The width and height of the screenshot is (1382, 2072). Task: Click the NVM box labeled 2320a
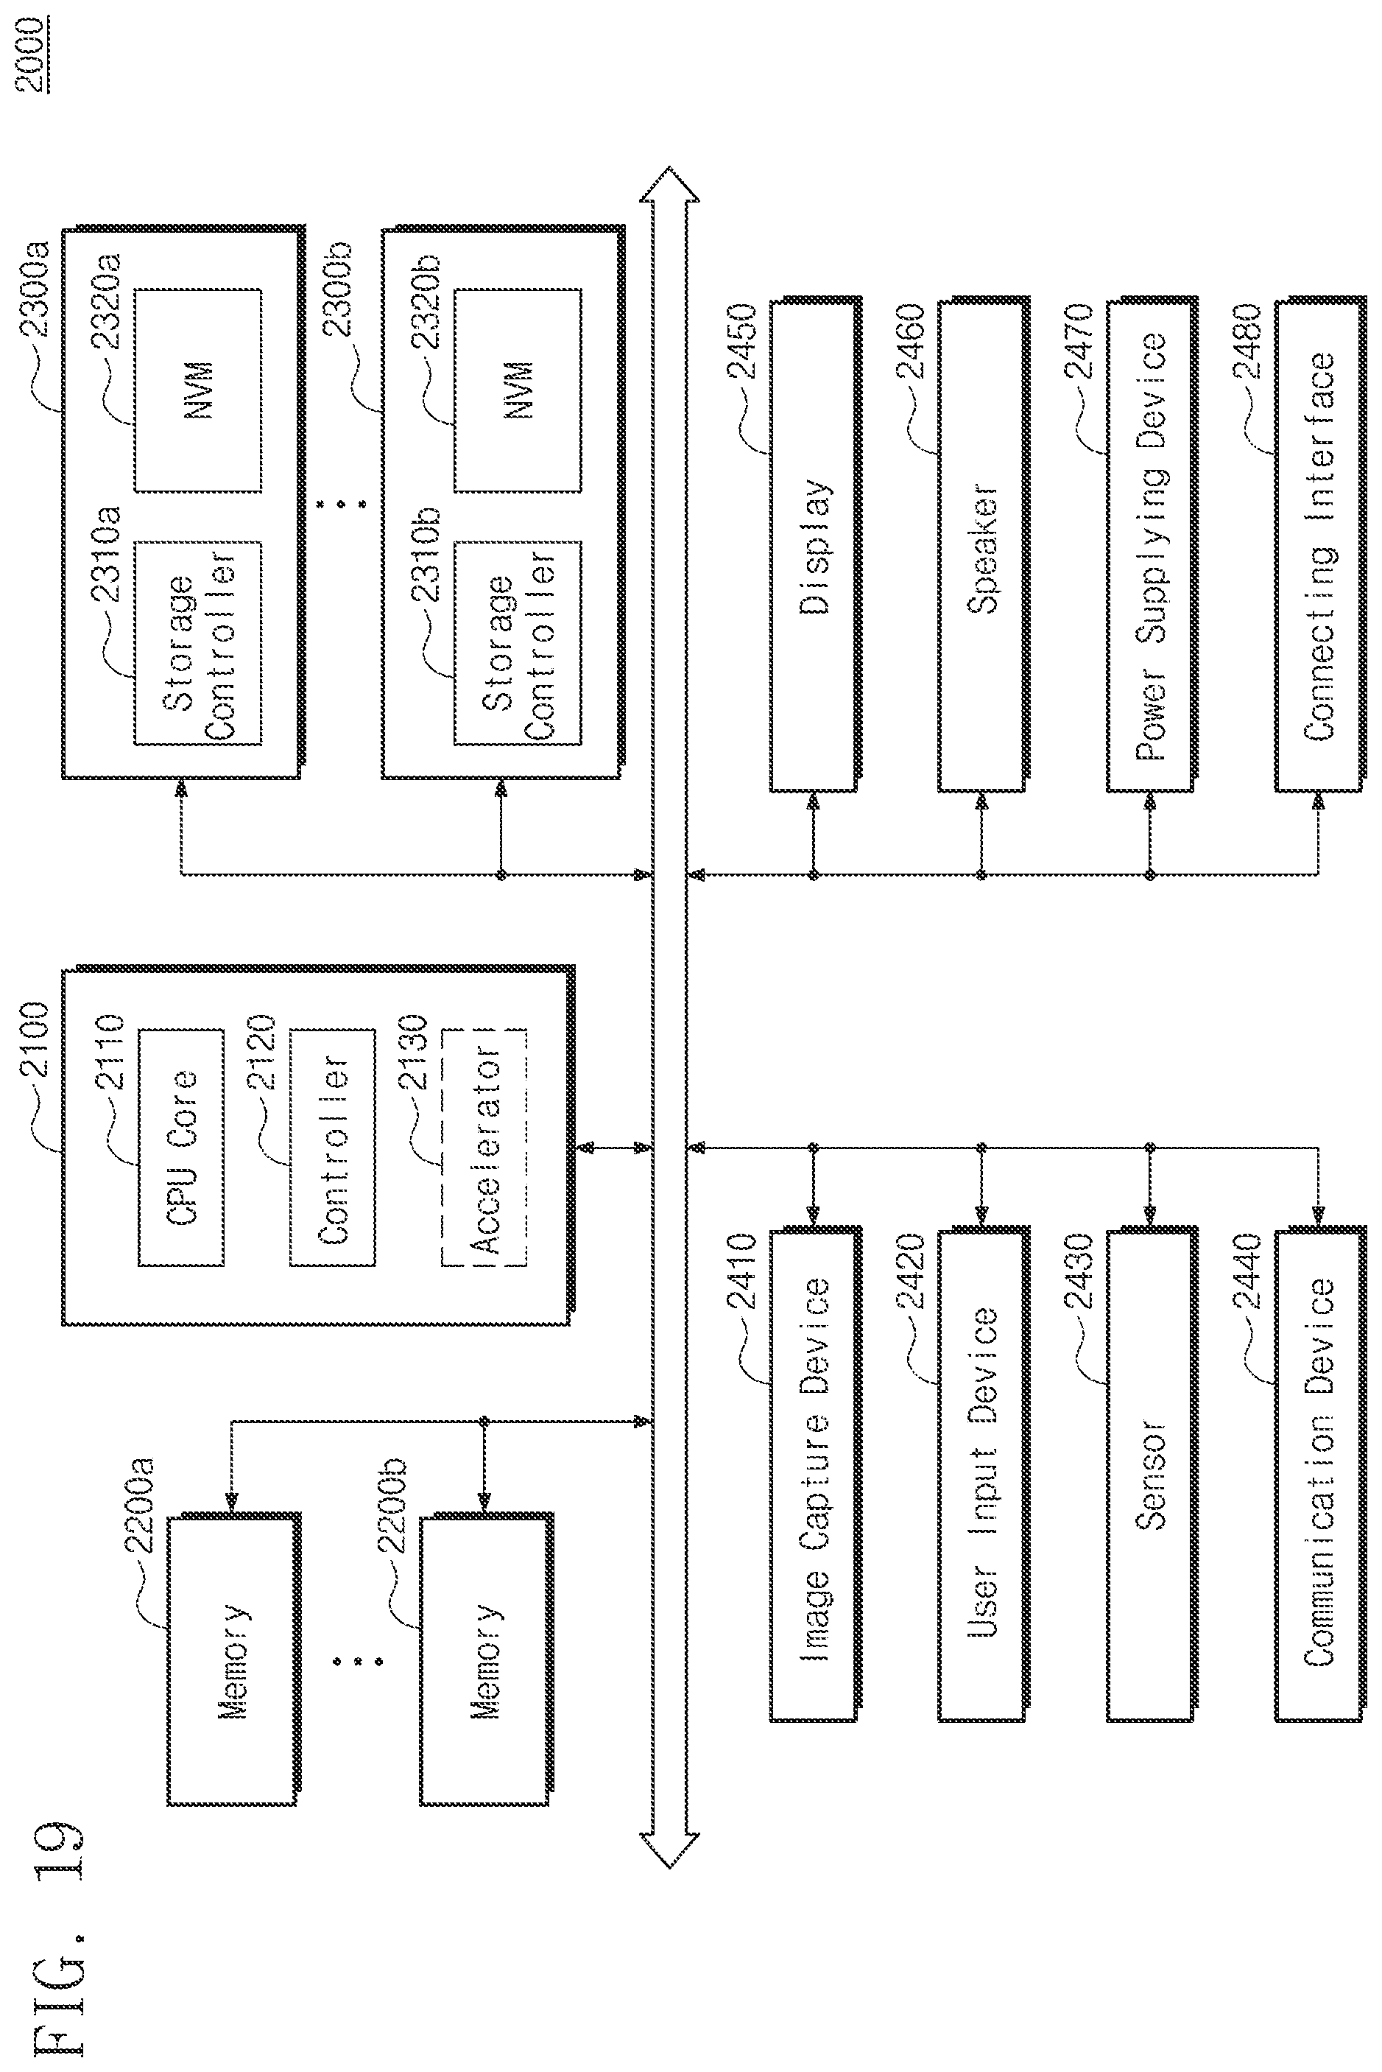click(197, 390)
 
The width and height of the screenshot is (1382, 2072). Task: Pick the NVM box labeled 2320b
click(518, 390)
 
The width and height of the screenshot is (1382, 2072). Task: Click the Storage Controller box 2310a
click(197, 643)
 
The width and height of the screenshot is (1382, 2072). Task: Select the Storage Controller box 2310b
click(518, 643)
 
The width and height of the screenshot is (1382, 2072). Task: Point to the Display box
click(814, 546)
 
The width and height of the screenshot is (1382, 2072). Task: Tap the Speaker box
click(982, 546)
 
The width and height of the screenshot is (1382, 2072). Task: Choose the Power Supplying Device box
click(1151, 546)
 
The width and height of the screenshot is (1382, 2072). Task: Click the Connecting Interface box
click(1319, 546)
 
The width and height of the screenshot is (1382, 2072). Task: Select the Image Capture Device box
click(814, 1473)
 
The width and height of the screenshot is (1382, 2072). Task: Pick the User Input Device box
click(982, 1473)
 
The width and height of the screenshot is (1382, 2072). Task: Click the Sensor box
click(1151, 1473)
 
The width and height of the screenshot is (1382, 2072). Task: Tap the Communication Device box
click(1319, 1473)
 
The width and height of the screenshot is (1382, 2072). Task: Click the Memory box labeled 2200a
click(233, 1660)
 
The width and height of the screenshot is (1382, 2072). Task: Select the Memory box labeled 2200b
click(486, 1660)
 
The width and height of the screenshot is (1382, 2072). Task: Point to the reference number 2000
click(32, 52)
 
